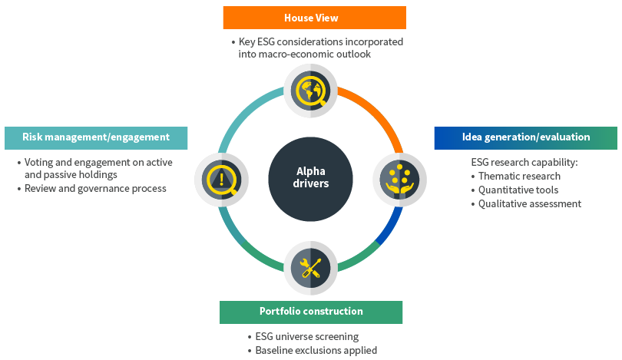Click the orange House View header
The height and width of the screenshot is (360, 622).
(314, 18)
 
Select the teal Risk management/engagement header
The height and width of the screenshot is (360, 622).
(96, 137)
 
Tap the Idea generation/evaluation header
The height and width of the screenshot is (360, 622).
(525, 137)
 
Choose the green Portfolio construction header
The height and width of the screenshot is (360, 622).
(310, 312)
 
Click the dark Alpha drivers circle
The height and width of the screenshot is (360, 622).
(310, 178)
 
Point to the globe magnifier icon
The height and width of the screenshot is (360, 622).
(310, 91)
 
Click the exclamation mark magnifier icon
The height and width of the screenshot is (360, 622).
(222, 179)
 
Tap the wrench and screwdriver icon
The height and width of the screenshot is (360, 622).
(310, 268)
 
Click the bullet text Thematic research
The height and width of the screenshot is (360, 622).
(519, 176)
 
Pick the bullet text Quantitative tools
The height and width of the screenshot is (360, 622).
(518, 190)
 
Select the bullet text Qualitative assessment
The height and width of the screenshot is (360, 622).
(530, 203)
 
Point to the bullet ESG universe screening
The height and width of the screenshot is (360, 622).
(306, 336)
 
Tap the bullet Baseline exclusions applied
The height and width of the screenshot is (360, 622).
(316, 350)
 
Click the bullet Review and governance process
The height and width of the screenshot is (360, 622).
(95, 188)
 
